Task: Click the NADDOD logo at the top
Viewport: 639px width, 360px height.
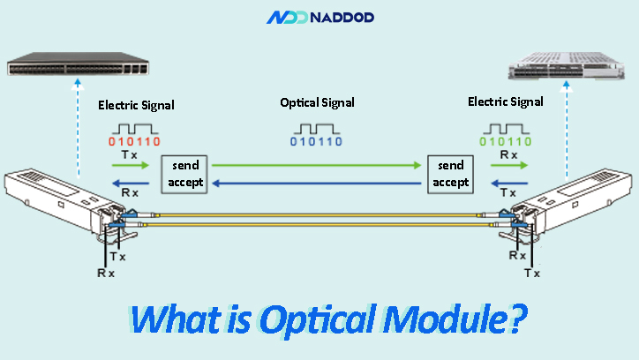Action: [x=319, y=17]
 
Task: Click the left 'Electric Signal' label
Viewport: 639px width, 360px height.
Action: [x=136, y=105]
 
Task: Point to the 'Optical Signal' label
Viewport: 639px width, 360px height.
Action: [x=318, y=102]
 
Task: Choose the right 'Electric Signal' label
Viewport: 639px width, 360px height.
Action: [x=505, y=102]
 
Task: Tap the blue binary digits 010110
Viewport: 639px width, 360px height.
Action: [x=317, y=141]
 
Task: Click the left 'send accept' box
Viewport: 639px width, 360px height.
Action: [x=184, y=174]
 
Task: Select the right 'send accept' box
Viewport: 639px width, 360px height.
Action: [x=451, y=174]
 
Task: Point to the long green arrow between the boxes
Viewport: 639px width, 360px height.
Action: [x=318, y=165]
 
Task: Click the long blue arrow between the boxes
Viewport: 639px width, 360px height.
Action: [x=318, y=184]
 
